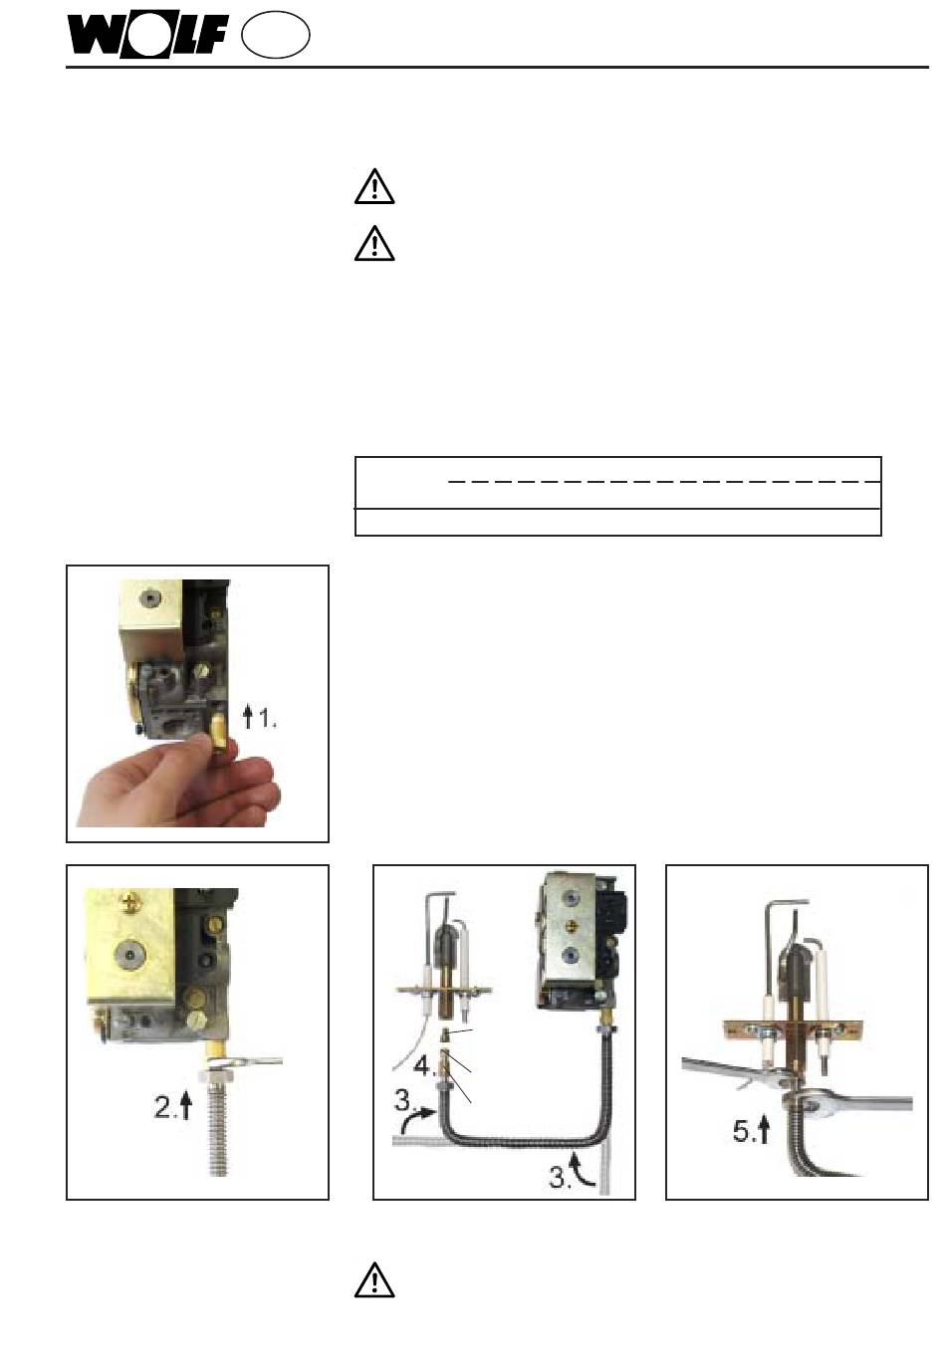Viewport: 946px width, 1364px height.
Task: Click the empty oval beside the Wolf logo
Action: pyautogui.click(x=275, y=36)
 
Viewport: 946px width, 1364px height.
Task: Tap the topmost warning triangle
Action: pyautogui.click(x=374, y=186)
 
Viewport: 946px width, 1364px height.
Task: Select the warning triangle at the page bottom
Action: pyautogui.click(x=374, y=1280)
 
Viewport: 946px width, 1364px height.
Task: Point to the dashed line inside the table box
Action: pyautogui.click(x=664, y=482)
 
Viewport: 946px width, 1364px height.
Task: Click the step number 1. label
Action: pyautogui.click(x=268, y=719)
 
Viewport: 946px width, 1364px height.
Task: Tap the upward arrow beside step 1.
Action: pyautogui.click(x=247, y=717)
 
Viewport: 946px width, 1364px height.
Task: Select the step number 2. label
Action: pyautogui.click(x=164, y=1106)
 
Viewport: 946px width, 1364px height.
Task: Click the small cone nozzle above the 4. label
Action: pyautogui.click(x=446, y=1034)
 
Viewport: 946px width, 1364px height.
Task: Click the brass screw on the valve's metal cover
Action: pyautogui.click(x=569, y=926)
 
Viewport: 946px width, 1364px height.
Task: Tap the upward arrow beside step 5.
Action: pyautogui.click(x=764, y=1130)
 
